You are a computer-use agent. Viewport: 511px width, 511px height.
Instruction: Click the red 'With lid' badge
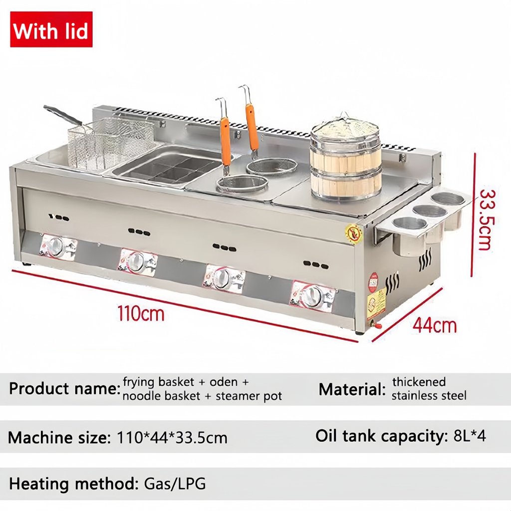[51, 29]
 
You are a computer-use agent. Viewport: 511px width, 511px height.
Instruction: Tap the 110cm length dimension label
[141, 314]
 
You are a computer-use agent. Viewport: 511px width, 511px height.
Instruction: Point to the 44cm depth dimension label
[434, 325]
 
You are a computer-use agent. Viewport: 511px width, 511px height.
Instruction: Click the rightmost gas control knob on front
[312, 297]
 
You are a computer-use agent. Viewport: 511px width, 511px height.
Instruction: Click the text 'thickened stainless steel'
[429, 389]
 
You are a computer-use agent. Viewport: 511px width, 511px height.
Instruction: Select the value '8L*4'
[469, 436]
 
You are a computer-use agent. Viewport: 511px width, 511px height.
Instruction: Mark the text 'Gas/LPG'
[175, 484]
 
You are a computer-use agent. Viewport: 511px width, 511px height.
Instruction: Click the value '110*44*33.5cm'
[172, 438]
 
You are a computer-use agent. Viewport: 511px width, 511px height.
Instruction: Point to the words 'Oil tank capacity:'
[381, 436]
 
